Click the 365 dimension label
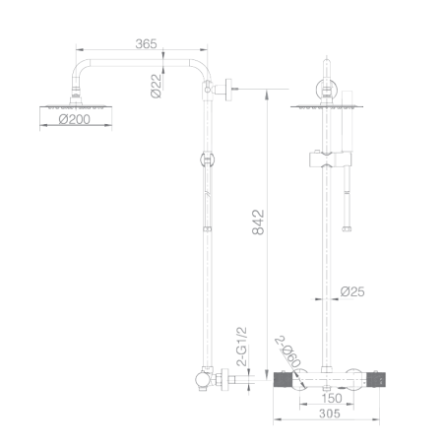[146, 43]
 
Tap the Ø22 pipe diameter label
[157, 86]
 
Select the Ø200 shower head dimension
[75, 119]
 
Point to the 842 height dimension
[258, 222]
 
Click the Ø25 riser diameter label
[352, 291]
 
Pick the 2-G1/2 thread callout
[241, 347]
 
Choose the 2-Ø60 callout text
[287, 351]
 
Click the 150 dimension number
[332, 398]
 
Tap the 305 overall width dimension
[330, 413]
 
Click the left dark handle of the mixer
[283, 380]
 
